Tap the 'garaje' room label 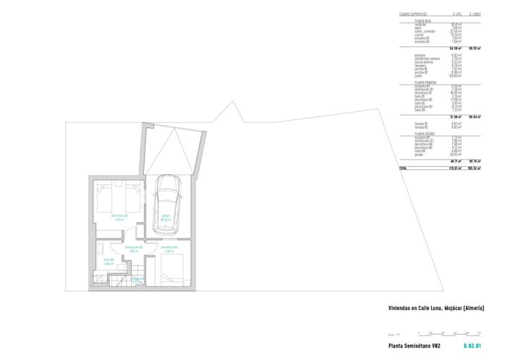coord(166,216)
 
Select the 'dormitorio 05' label coord(120,216)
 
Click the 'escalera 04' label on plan coord(137,279)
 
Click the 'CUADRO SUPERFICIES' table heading coord(413,14)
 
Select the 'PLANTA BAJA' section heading coord(423,22)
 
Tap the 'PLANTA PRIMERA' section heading coord(425,82)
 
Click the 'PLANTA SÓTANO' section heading coord(425,133)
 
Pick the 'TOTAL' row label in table coord(403,168)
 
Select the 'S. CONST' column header coord(475,14)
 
